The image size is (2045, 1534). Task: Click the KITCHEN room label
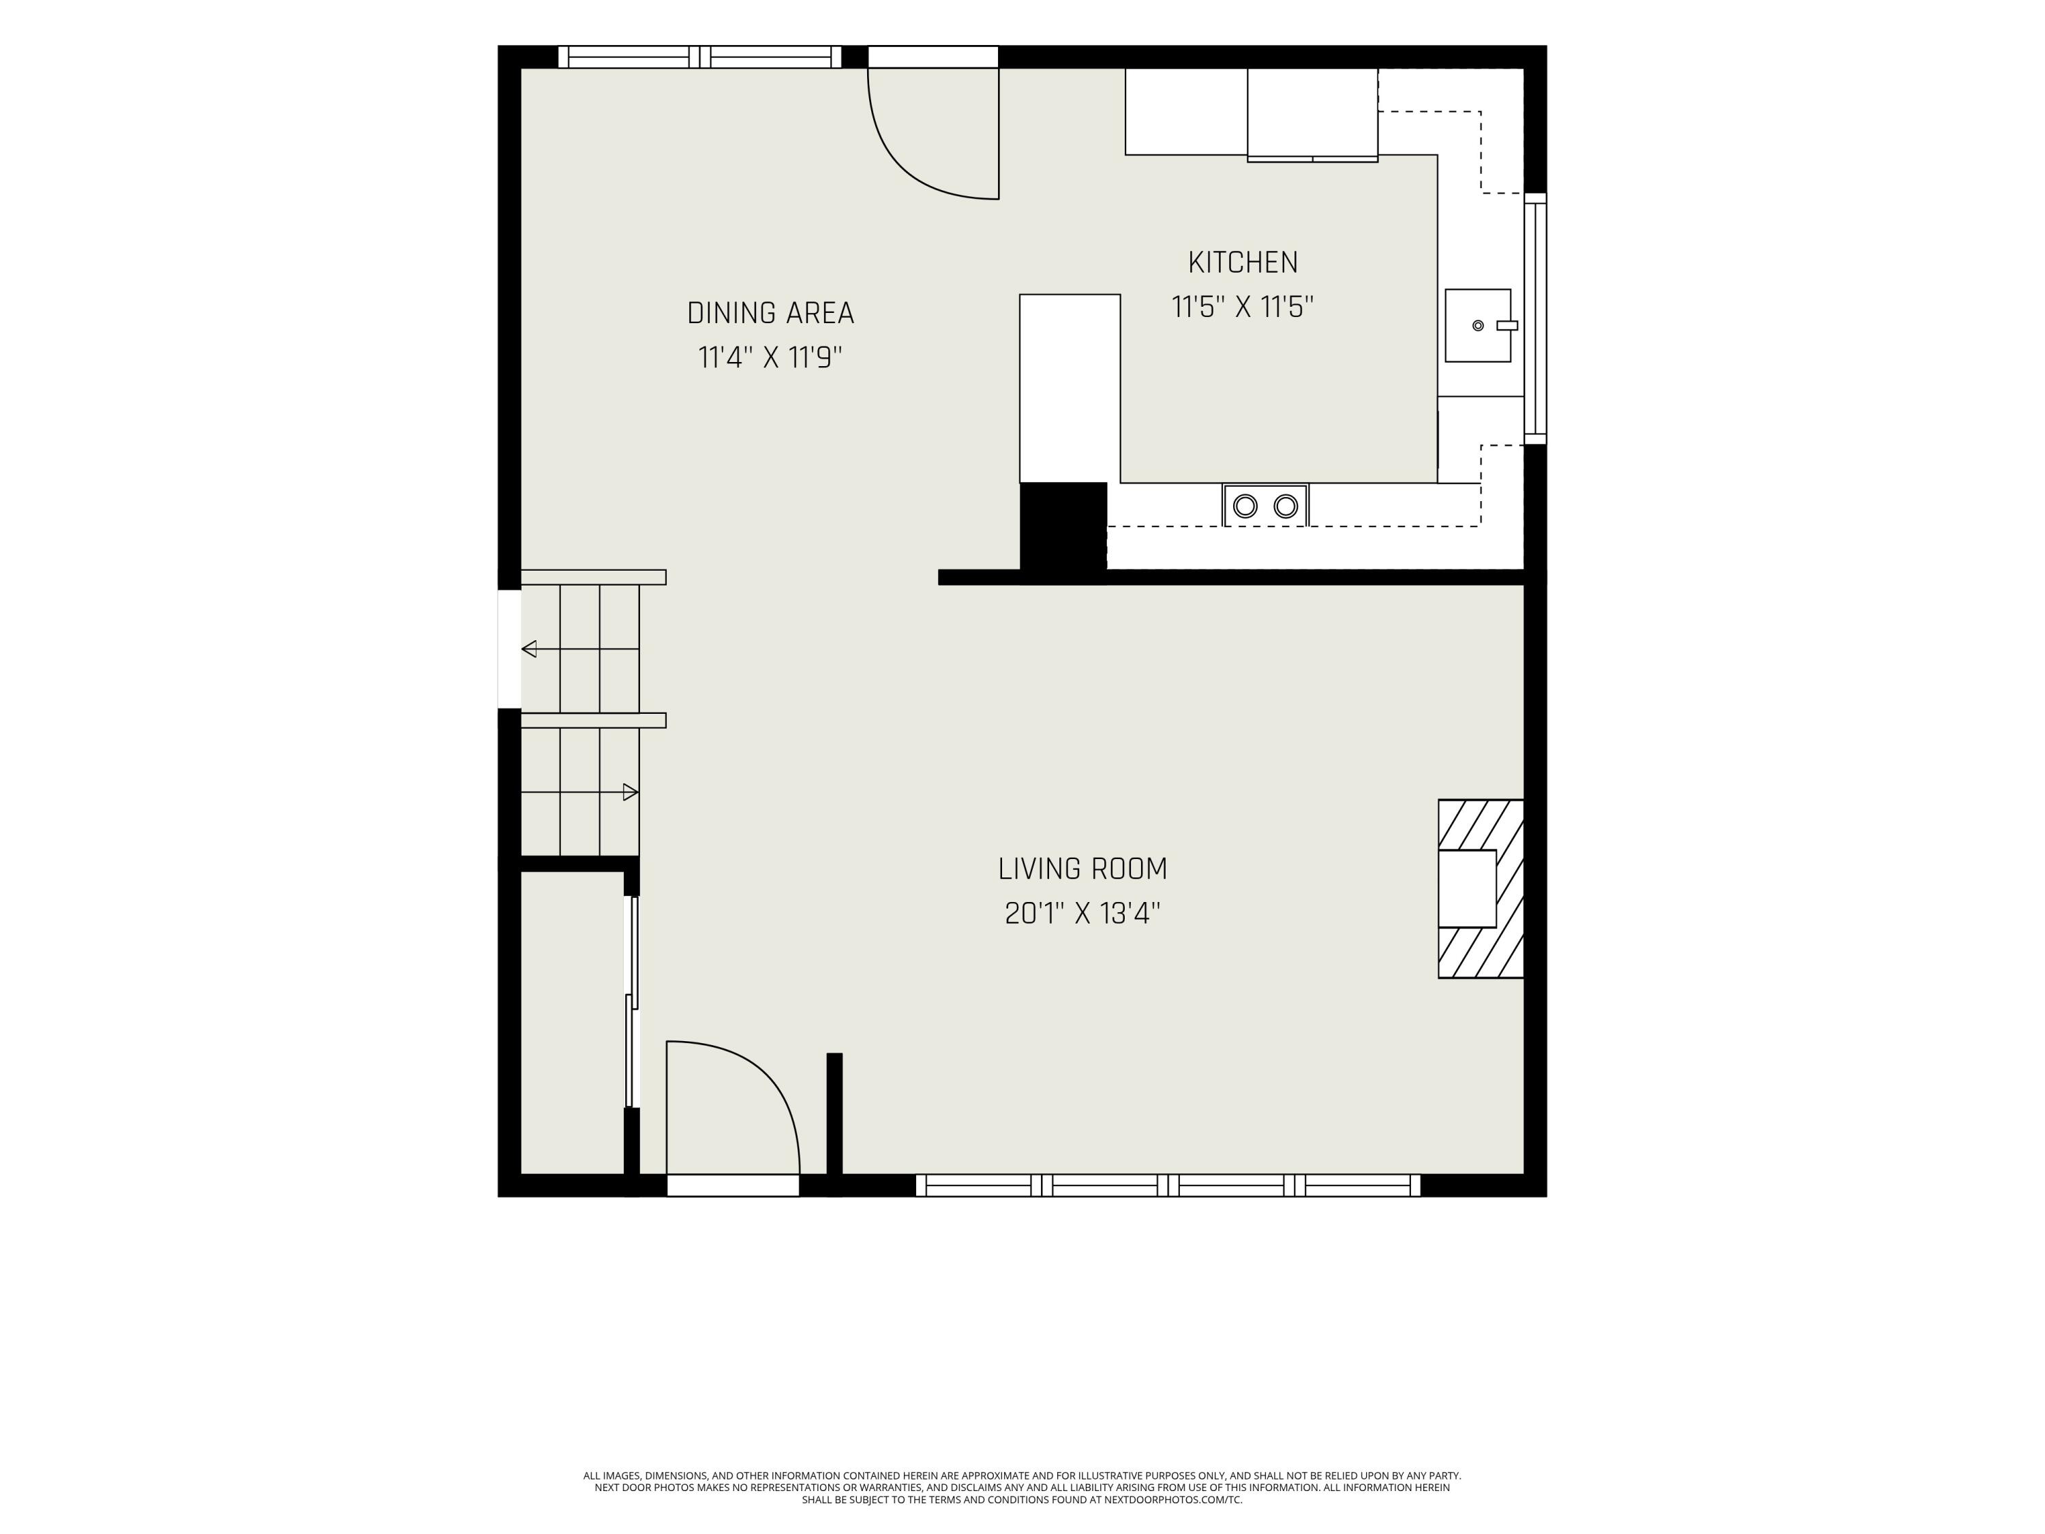1243,262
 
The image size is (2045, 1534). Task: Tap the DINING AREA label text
770,314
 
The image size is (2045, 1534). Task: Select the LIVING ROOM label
1082,869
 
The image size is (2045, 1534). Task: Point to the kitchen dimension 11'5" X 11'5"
1243,307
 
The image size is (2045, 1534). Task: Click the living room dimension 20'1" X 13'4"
1082,914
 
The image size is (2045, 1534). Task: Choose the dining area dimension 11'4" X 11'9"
770,357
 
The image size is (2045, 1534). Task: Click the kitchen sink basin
1477,325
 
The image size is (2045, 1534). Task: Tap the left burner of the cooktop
1245,506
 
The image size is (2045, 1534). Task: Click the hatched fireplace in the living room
1480,888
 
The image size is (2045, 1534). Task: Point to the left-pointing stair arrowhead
529,649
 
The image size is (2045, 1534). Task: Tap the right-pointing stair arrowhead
631,792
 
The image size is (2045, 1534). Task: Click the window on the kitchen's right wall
1534,318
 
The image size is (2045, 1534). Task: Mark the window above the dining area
700,57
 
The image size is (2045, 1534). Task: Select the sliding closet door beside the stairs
633,1002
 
